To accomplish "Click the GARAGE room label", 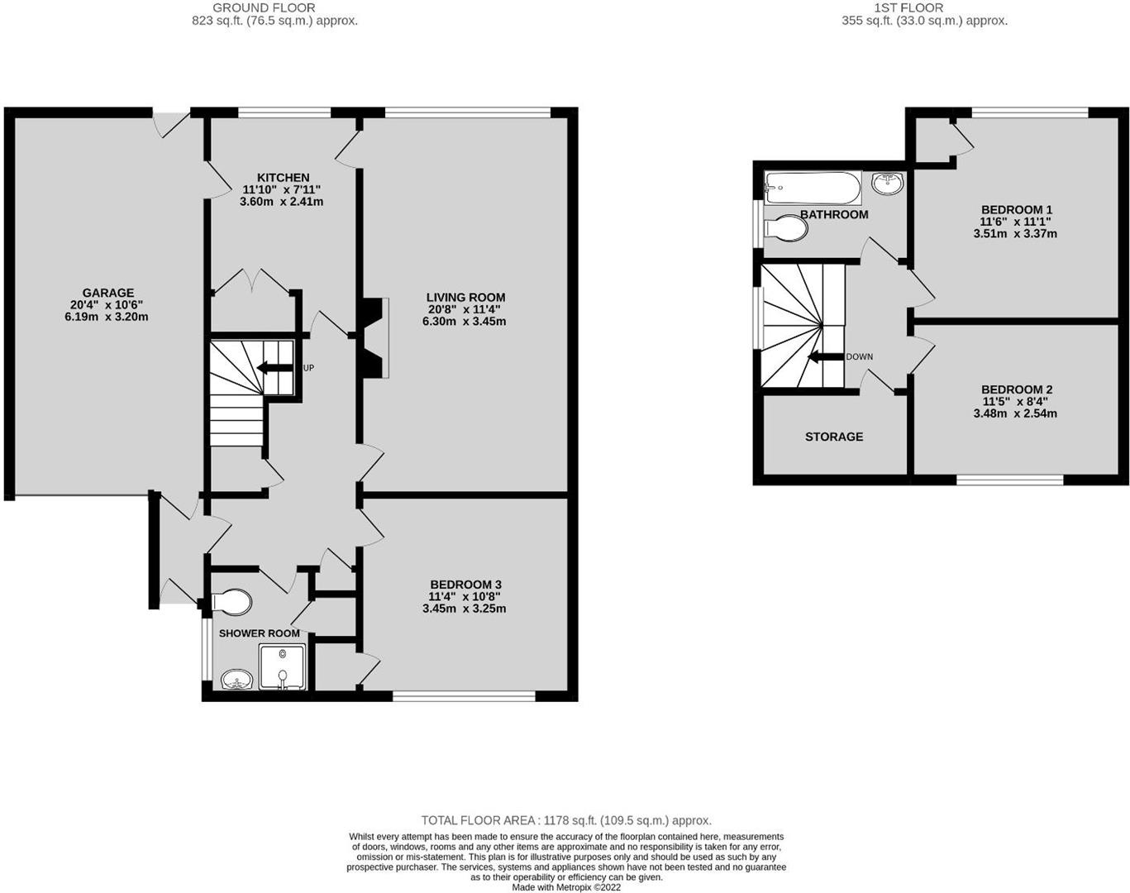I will (x=107, y=293).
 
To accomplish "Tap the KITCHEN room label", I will (x=283, y=178).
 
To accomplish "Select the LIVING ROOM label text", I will (x=465, y=298).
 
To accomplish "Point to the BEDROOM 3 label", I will (x=464, y=584).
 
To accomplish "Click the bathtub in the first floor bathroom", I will (x=813, y=188).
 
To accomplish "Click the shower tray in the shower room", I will (x=283, y=667).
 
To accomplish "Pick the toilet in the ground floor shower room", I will (x=231, y=603).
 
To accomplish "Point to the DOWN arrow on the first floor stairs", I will (x=826, y=357).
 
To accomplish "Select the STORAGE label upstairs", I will (x=833, y=437).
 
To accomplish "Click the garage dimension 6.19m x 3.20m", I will (x=107, y=317).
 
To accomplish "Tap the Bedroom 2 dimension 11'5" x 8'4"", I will (x=1016, y=402).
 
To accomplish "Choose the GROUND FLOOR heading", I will (x=264, y=7).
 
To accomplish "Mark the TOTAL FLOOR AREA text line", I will (x=566, y=820).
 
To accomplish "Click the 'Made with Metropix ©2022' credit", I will (x=566, y=887).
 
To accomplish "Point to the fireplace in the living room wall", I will (x=372, y=337).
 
